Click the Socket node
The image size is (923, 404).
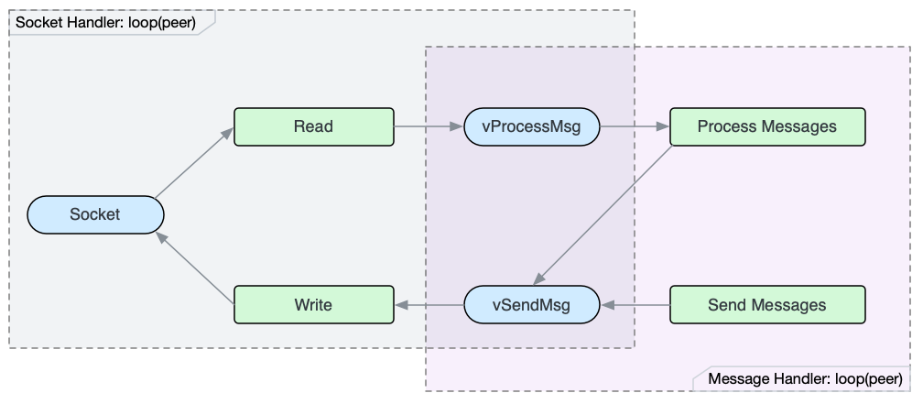pyautogui.click(x=95, y=214)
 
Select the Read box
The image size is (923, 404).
pyautogui.click(x=313, y=126)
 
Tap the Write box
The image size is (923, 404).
pyautogui.click(x=313, y=304)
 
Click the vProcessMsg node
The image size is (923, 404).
pyautogui.click(x=531, y=126)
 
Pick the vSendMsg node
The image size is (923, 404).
pyautogui.click(x=531, y=304)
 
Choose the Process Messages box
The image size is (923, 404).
pyautogui.click(x=767, y=126)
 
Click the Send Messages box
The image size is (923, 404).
pyautogui.click(x=767, y=304)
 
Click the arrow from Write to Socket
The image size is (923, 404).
pyautogui.click(x=194, y=268)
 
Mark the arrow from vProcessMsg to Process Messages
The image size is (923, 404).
pyautogui.click(x=635, y=126)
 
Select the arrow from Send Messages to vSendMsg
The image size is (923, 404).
pyautogui.click(x=635, y=304)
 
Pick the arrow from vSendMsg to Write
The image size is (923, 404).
pyautogui.click(x=429, y=304)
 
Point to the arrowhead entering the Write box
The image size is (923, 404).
pyautogui.click(x=400, y=304)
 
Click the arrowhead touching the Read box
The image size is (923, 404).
pyautogui.click(x=227, y=133)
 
